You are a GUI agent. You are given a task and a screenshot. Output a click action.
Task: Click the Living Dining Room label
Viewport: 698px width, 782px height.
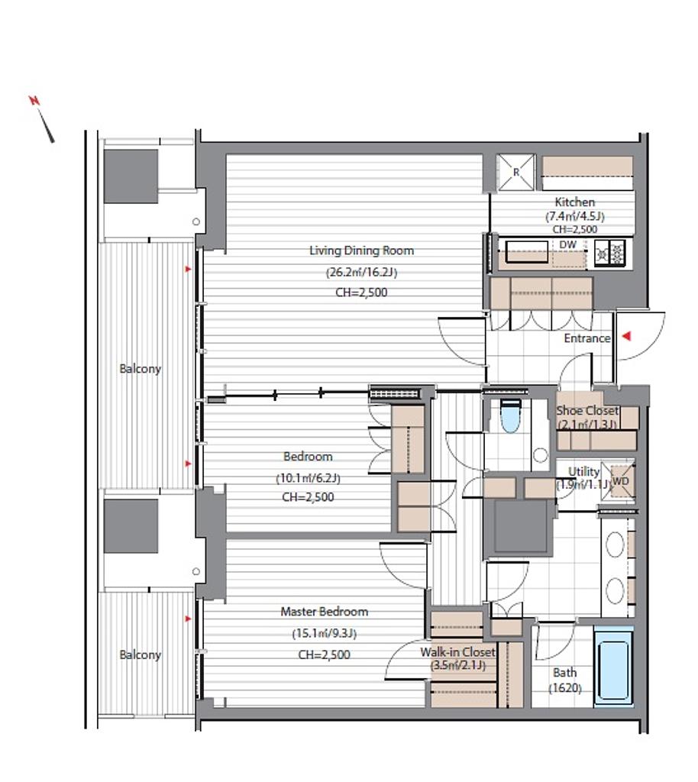point(361,250)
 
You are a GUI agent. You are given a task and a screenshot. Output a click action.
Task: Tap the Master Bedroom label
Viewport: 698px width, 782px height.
point(324,612)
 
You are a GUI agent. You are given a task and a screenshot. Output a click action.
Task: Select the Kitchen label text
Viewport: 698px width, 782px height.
point(575,202)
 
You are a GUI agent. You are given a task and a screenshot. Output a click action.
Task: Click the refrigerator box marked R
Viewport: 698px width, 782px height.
point(516,172)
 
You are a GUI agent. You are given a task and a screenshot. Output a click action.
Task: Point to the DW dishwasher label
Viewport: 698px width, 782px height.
point(568,244)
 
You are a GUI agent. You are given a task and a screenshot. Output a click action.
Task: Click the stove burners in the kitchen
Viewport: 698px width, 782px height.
point(610,252)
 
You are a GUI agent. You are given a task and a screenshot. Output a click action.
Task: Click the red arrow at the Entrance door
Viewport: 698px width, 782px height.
point(626,336)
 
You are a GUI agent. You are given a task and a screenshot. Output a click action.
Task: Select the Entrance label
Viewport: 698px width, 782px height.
point(587,338)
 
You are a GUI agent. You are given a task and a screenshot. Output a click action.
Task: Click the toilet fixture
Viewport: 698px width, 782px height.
point(511,415)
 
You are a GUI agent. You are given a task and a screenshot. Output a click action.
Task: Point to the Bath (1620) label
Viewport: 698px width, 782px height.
point(565,680)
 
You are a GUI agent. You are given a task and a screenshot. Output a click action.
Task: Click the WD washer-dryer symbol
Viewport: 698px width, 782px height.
point(620,481)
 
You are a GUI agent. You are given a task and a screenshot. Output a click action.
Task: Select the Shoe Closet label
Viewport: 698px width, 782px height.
point(587,410)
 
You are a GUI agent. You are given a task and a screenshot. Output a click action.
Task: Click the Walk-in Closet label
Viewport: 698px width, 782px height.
point(457,652)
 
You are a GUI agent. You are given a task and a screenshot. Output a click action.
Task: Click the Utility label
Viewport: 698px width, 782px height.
point(583,471)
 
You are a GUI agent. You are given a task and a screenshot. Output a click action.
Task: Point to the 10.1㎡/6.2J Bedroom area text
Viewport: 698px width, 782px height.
point(308,478)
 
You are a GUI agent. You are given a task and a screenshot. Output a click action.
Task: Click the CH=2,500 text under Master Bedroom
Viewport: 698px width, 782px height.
point(324,654)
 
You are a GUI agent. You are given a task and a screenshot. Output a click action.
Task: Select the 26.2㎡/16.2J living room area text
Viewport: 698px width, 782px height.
point(361,273)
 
